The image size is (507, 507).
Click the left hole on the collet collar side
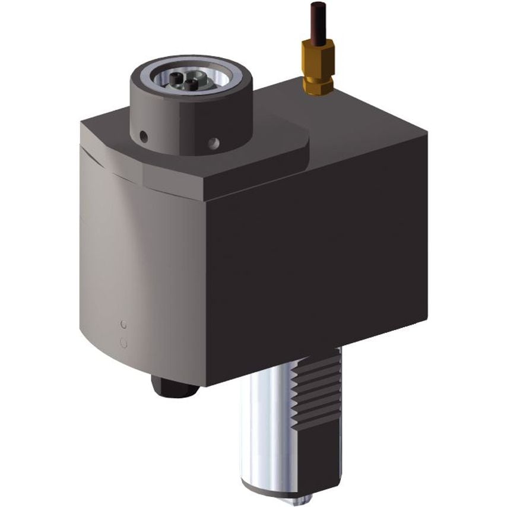tap(144, 137)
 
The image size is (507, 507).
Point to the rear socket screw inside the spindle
tap(176, 78)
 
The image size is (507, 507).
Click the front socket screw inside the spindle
tap(191, 84)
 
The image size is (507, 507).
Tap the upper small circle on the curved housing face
tap(123, 325)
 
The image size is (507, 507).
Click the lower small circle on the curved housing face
tap(123, 342)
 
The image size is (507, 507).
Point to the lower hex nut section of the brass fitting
tap(318, 86)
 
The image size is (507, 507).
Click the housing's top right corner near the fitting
tap(425, 134)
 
